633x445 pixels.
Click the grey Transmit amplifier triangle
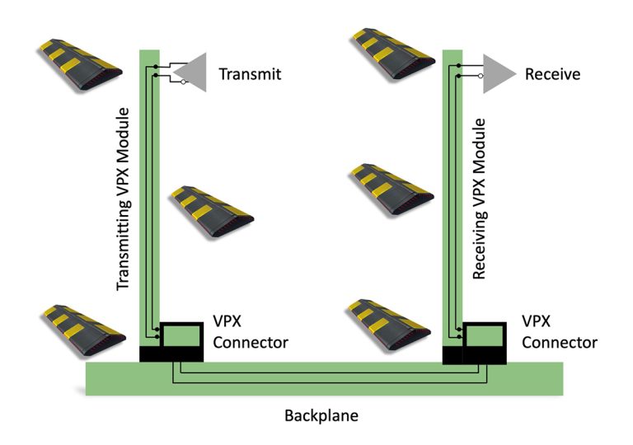[194, 73]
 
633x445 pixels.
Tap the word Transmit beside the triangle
[250, 74]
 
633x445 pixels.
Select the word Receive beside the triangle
[552, 74]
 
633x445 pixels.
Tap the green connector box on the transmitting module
[181, 335]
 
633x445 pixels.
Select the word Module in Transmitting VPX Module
[124, 129]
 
